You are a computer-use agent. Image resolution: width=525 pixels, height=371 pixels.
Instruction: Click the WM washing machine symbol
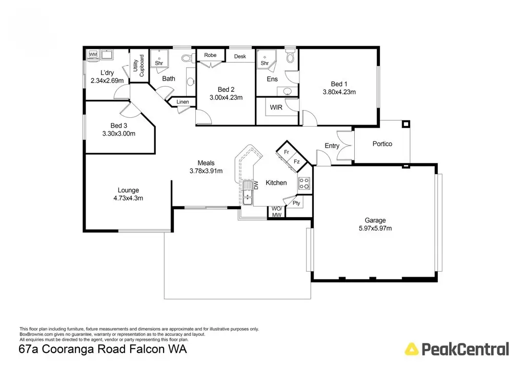pyautogui.click(x=93, y=54)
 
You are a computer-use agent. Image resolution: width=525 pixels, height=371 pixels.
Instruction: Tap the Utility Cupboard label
pyautogui.click(x=138, y=66)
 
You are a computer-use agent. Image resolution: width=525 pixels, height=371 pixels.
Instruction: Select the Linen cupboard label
pyautogui.click(x=183, y=102)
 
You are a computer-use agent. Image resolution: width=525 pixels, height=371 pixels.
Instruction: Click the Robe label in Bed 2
pyautogui.click(x=210, y=55)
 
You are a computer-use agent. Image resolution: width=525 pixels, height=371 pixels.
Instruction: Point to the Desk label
pyautogui.click(x=240, y=56)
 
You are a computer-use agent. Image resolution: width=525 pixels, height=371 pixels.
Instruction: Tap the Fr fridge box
pyautogui.click(x=286, y=152)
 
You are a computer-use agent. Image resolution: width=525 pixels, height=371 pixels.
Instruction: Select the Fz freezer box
pyautogui.click(x=297, y=161)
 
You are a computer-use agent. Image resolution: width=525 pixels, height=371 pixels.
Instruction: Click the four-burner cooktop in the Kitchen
pyautogui.click(x=305, y=183)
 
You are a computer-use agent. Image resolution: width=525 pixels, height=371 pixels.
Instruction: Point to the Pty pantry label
pyautogui.click(x=296, y=203)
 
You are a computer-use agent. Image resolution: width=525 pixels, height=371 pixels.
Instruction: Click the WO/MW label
pyautogui.click(x=276, y=212)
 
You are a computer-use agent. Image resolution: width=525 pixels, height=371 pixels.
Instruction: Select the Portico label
pyautogui.click(x=382, y=144)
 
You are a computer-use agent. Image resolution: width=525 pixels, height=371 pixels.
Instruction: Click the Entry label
pyautogui.click(x=332, y=146)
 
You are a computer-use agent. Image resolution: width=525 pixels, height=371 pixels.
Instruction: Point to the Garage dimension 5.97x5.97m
pyautogui.click(x=375, y=228)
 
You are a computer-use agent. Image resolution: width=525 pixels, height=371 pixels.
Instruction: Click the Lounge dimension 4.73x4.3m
pyautogui.click(x=128, y=198)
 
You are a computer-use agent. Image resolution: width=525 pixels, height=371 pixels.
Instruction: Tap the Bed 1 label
pyautogui.click(x=339, y=84)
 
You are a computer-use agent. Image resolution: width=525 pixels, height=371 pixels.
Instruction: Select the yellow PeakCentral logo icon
pyautogui.click(x=411, y=349)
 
